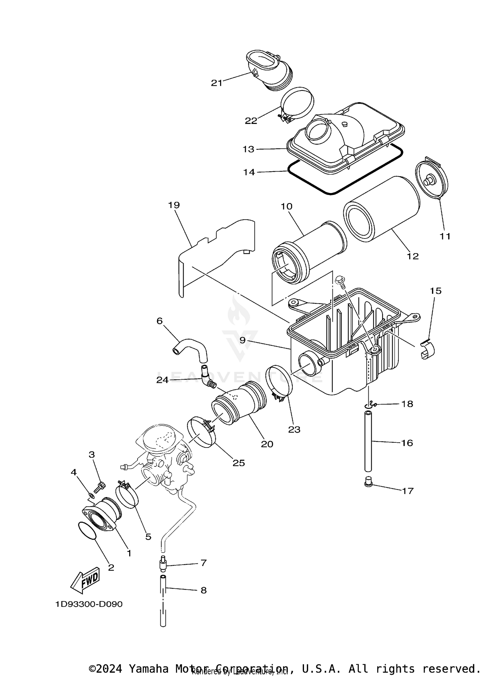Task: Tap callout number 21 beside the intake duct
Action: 216,83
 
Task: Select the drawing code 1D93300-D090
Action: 89,604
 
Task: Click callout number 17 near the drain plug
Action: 407,491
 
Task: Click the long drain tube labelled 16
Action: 368,442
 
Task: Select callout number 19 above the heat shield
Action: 174,205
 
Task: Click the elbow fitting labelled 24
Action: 206,378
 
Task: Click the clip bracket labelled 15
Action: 427,350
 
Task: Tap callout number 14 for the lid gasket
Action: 249,172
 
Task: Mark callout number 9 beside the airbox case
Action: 242,340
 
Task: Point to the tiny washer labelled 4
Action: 91,496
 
